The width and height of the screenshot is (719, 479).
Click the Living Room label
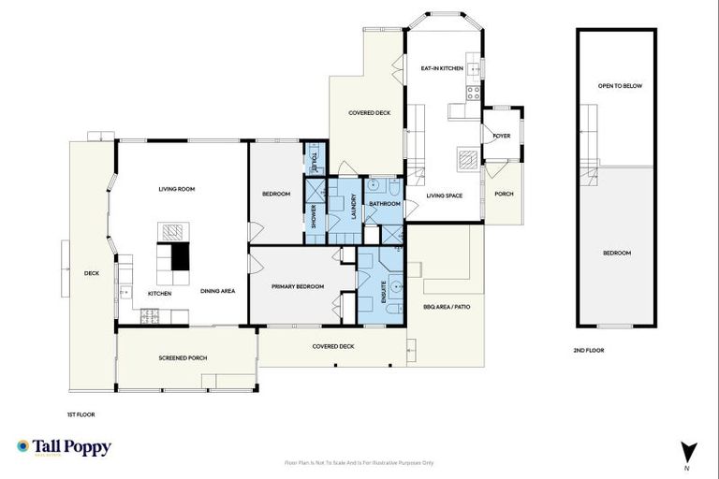(176, 189)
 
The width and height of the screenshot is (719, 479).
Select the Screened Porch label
(183, 357)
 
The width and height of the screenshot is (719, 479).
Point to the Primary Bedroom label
(298, 286)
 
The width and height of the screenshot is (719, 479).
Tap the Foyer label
(502, 136)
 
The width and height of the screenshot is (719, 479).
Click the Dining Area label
(217, 291)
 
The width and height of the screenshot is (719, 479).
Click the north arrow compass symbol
(687, 452)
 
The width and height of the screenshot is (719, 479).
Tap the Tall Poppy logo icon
(22, 447)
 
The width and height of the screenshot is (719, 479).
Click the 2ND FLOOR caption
(589, 350)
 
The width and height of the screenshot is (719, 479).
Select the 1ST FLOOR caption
(81, 414)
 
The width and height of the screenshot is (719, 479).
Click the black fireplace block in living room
(180, 256)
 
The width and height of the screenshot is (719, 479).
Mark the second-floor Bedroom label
(616, 254)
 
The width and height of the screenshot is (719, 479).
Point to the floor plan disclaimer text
(359, 462)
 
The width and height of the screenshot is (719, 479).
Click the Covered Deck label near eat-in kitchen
(369, 112)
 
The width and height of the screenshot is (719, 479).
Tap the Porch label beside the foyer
(504, 194)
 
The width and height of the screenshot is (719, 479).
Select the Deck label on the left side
(91, 274)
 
